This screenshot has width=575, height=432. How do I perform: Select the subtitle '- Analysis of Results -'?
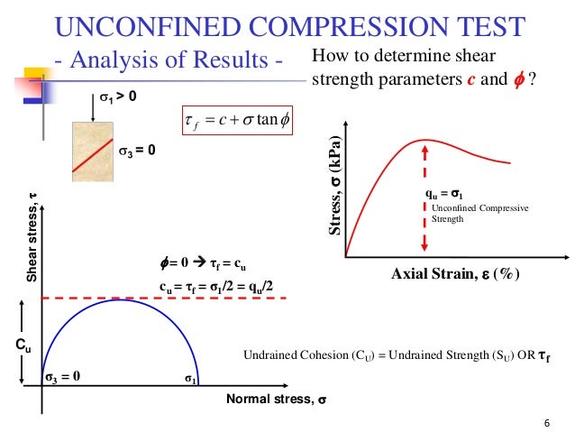tap(169, 61)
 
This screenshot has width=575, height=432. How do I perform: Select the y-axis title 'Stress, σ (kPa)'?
tap(334, 194)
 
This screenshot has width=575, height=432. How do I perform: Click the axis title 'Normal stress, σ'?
tap(276, 400)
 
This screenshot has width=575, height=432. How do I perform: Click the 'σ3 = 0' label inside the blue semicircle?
tap(64, 378)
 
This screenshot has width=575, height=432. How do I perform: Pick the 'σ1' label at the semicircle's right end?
tap(191, 380)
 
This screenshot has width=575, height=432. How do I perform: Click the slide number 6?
tap(547, 423)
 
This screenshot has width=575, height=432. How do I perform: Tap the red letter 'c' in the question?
tap(471, 79)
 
